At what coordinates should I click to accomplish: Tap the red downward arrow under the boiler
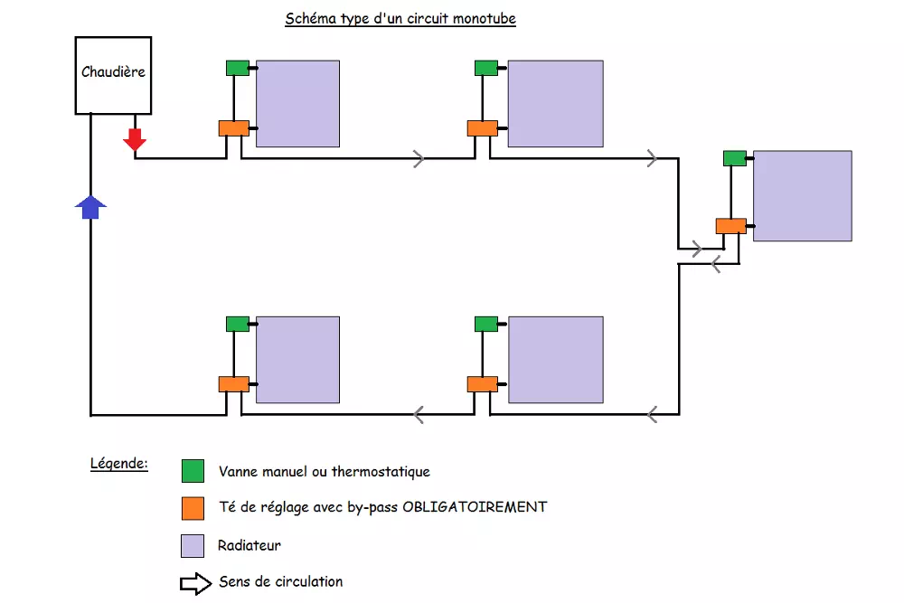click(135, 139)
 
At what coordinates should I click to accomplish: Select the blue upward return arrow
click(90, 207)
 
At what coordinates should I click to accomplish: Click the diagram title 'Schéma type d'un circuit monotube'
click(400, 18)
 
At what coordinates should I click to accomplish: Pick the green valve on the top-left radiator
click(238, 68)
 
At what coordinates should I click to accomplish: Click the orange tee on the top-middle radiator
click(483, 128)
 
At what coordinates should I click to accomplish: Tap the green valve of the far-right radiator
click(735, 158)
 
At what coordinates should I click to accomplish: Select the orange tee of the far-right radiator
click(731, 226)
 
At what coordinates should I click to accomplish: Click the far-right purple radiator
click(803, 196)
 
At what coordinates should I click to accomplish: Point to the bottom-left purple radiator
click(298, 360)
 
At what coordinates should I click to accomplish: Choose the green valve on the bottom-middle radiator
click(486, 324)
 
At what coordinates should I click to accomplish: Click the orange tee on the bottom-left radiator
click(234, 384)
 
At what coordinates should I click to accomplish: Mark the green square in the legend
click(193, 471)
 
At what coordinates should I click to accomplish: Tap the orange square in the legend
click(193, 508)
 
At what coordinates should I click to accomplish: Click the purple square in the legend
click(193, 546)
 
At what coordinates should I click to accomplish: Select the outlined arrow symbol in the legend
click(196, 583)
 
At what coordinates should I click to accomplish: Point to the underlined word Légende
click(119, 464)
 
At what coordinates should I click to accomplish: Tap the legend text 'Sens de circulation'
click(281, 581)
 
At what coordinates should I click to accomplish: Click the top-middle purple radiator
click(555, 104)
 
